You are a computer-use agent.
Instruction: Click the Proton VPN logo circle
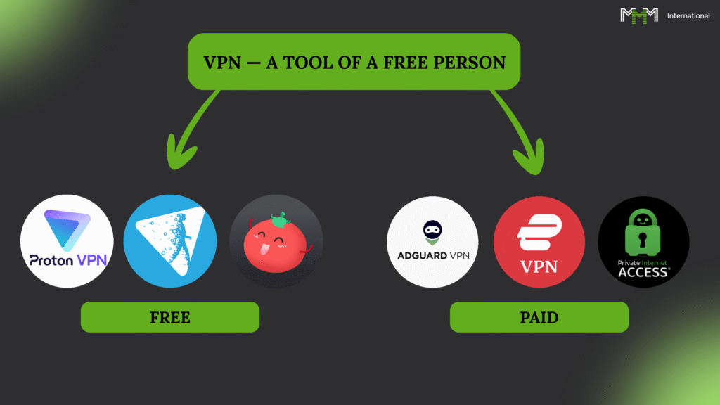[x=67, y=241]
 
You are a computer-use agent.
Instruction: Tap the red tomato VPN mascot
[x=276, y=241]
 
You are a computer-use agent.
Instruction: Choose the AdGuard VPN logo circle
[x=432, y=241]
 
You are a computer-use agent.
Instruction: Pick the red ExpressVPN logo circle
[x=539, y=241]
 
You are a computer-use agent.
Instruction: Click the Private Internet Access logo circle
[x=643, y=241]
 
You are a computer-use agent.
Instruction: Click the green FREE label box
[x=170, y=317]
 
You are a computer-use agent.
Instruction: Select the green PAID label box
[x=539, y=317]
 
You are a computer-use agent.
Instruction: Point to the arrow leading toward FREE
[x=184, y=134]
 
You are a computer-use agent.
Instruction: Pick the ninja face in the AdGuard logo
[x=432, y=229]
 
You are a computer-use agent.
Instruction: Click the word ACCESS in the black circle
[x=643, y=273]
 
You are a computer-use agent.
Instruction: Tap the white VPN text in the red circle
[x=539, y=266]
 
